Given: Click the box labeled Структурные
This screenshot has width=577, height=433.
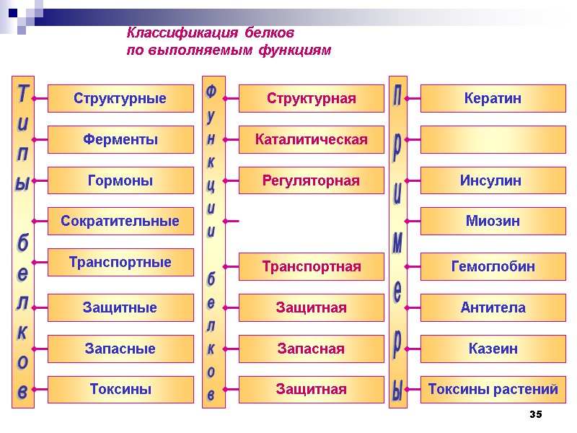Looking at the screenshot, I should tap(120, 99).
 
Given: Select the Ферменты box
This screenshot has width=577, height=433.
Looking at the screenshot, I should tap(120, 139).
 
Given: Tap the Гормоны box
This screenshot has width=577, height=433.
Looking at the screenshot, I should tap(120, 180).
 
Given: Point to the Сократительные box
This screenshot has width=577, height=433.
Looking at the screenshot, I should tap(120, 221).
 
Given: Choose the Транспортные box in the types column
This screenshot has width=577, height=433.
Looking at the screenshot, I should tap(120, 262).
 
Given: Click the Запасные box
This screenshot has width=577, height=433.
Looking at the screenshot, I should tap(120, 349).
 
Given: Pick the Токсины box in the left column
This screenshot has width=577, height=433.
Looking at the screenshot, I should tap(120, 390).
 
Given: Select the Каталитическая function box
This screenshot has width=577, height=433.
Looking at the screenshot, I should tap(312, 139).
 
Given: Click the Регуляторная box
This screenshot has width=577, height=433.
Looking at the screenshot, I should tap(312, 180).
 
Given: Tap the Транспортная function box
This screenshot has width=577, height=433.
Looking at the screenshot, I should tap(312, 267).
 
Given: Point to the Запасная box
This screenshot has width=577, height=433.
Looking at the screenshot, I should tap(312, 349).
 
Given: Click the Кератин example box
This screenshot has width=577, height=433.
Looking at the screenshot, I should tap(493, 99).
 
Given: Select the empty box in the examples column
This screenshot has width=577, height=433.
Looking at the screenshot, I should tap(493, 139).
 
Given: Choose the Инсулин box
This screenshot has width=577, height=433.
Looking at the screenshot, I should tap(493, 180).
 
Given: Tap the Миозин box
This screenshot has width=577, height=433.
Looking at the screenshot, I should tap(493, 221).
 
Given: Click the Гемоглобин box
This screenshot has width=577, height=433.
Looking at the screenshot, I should tap(493, 267).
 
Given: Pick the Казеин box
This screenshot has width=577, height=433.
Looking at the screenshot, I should tap(493, 349).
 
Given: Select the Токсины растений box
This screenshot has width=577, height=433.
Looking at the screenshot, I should tap(493, 390).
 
